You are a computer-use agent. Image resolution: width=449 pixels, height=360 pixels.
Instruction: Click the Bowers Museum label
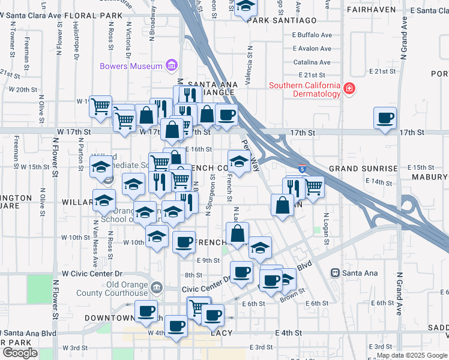coord(131,65)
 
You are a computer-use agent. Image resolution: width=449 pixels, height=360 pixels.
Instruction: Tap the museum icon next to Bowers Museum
coord(171,65)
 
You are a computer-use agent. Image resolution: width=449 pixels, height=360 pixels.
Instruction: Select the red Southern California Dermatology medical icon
coord(349,90)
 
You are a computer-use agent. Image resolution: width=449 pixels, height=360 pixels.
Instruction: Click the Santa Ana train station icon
coord(336,273)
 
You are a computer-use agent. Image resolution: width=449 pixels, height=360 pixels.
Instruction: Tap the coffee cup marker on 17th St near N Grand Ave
coord(385,118)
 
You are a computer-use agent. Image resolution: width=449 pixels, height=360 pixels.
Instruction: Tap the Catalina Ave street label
coord(312,62)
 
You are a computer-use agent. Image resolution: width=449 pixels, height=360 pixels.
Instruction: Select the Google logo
coord(20,352)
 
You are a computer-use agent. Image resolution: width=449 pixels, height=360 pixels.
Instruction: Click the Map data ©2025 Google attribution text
coord(411,355)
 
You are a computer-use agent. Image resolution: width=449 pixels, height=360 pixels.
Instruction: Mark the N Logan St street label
coord(326,229)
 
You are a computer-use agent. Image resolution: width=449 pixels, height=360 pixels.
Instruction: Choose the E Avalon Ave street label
coord(312,49)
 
